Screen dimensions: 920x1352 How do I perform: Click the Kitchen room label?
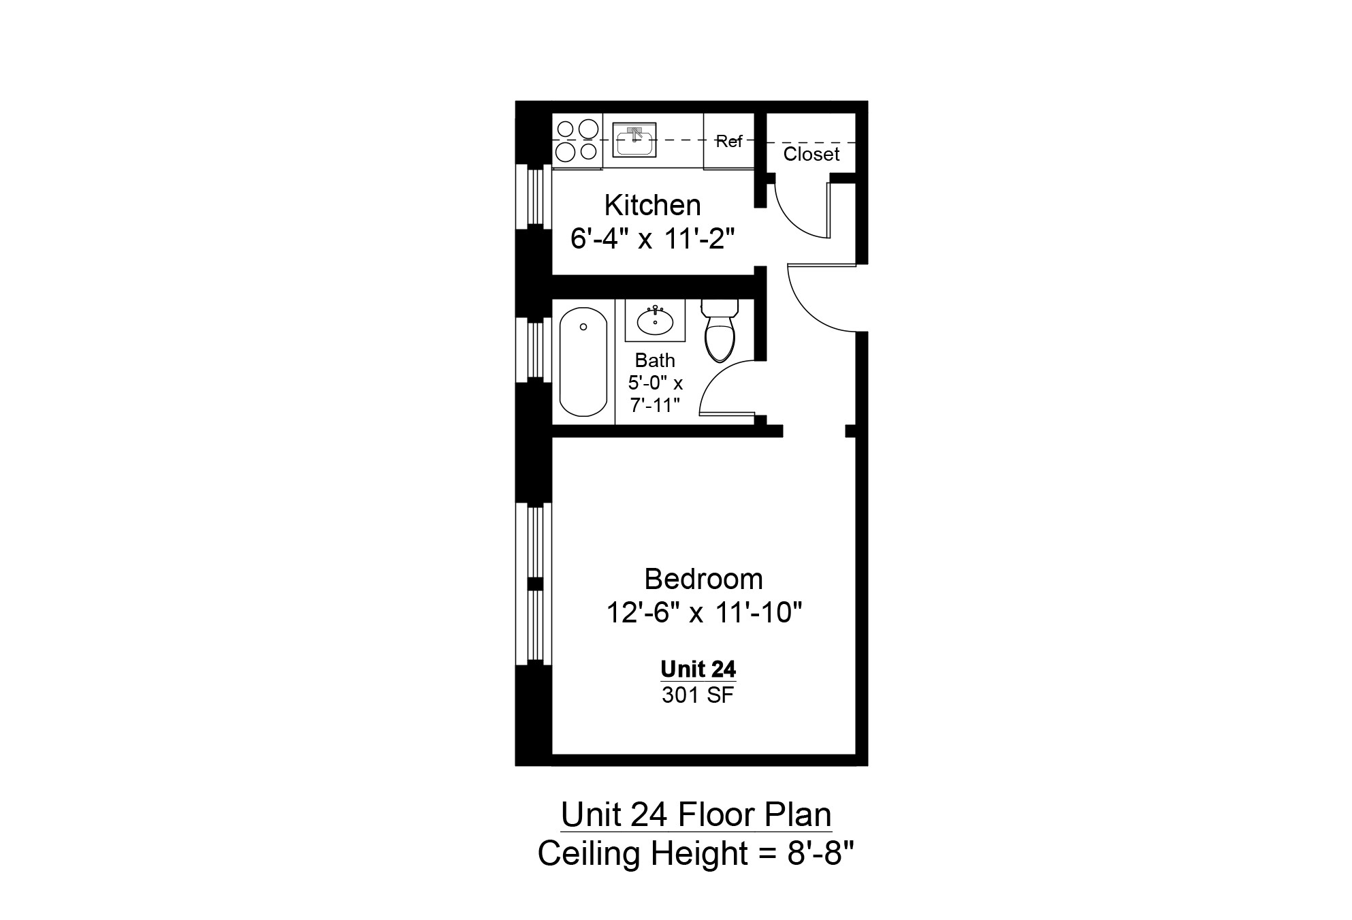click(x=652, y=205)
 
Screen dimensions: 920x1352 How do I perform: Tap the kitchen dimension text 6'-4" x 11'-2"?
click(x=652, y=239)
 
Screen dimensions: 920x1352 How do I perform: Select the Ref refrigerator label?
click(x=728, y=141)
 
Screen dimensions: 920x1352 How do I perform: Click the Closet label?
click(x=811, y=154)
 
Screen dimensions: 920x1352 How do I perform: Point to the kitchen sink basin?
click(x=634, y=142)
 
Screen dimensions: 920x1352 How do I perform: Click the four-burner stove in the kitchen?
click(x=577, y=140)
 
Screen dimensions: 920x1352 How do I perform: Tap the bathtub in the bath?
click(x=583, y=362)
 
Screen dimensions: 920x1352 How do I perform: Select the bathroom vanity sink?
click(x=655, y=321)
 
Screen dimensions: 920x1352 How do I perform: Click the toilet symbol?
click(x=720, y=331)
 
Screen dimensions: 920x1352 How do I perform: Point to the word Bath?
click(x=655, y=360)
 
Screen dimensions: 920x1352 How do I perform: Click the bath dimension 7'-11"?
click(x=655, y=405)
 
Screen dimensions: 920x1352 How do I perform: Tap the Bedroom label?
click(x=703, y=580)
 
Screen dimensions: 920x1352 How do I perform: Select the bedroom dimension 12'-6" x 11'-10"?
click(x=704, y=613)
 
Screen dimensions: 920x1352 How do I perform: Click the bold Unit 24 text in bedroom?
click(x=698, y=669)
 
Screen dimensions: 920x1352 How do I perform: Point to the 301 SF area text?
click(x=698, y=695)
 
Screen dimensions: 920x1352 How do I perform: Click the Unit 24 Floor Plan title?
click(x=696, y=814)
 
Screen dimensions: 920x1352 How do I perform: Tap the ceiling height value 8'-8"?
click(x=820, y=853)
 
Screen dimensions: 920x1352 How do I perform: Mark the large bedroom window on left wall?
click(x=535, y=584)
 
